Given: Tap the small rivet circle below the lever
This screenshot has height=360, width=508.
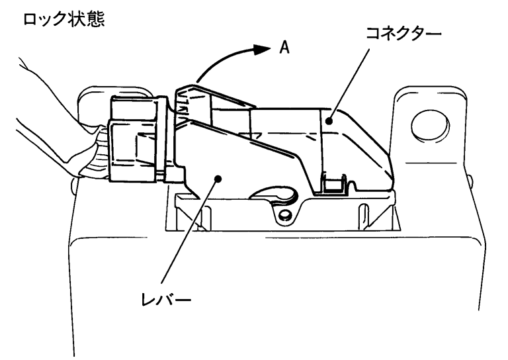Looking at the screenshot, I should [x=284, y=216].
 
